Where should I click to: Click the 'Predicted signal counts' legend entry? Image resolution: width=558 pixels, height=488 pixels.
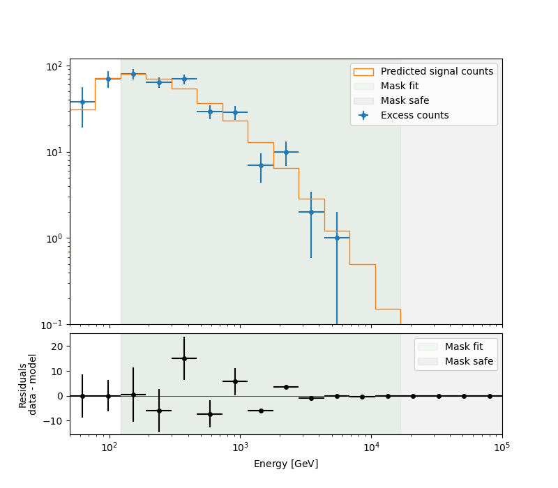coord(437,71)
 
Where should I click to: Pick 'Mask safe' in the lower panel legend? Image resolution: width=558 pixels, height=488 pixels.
coord(469,361)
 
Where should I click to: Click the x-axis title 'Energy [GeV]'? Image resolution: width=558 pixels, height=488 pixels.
coord(286,464)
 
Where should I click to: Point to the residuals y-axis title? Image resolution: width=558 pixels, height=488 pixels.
coord(28,384)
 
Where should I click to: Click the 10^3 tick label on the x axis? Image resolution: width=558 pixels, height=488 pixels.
coord(240,446)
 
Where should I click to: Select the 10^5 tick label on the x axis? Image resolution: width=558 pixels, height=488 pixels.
coord(502,446)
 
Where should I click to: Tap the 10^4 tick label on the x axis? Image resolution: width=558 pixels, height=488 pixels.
coord(371,446)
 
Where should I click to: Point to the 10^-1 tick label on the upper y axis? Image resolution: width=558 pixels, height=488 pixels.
coord(54,324)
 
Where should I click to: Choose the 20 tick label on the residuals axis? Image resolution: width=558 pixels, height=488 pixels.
coord(57,346)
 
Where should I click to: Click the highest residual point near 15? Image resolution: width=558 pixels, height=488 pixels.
coord(184,358)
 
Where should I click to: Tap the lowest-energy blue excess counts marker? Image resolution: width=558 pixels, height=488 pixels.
coord(82,102)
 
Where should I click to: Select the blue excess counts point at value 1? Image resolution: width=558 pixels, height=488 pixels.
coord(337,238)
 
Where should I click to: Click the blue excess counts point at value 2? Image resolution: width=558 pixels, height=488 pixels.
coord(311,212)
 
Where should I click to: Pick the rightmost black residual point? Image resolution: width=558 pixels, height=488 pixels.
coord(490,396)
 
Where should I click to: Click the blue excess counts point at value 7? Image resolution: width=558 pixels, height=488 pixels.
coord(261,165)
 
